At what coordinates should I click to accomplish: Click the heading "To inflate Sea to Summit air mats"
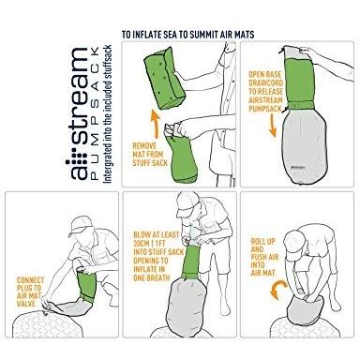(x=187, y=35)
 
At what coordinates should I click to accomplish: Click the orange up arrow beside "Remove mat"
(x=156, y=124)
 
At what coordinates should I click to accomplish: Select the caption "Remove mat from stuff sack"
(x=150, y=155)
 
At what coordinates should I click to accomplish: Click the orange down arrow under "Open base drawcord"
(x=273, y=126)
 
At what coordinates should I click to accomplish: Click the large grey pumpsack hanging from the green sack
(x=304, y=145)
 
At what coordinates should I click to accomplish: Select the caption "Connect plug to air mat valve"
(x=30, y=292)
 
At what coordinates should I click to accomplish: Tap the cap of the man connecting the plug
(x=81, y=225)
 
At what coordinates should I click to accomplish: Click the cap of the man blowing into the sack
(x=187, y=204)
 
